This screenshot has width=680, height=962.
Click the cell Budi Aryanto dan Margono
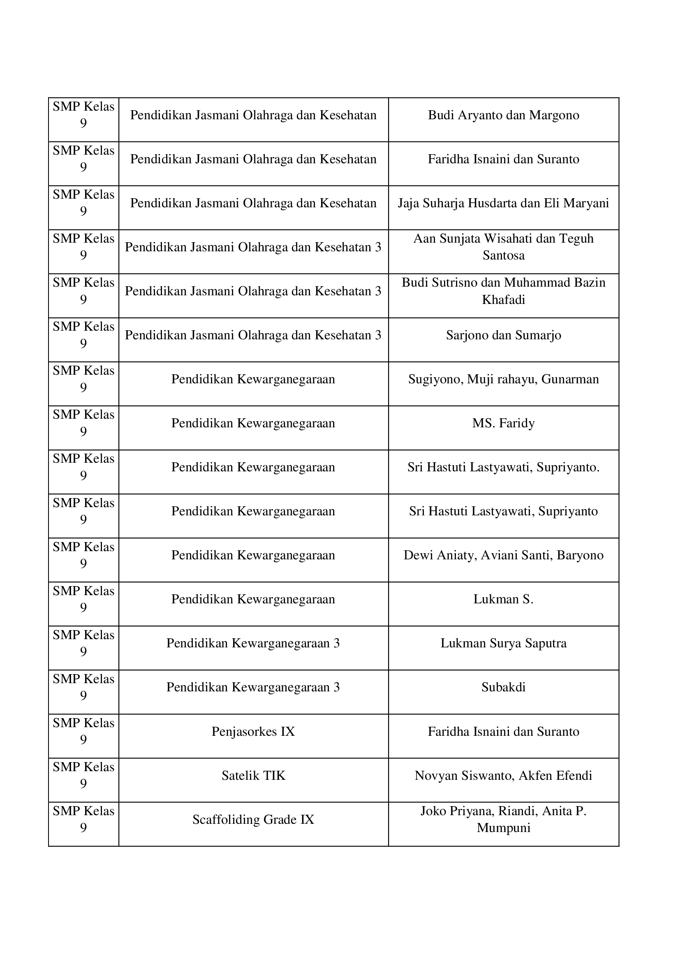pos(503,115)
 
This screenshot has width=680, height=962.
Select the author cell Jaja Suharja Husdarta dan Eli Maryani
pos(503,203)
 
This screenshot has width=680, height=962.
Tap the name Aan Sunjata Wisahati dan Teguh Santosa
pos(503,247)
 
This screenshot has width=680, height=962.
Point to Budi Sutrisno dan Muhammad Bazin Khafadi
pos(503,291)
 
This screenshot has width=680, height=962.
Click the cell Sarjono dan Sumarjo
pos(503,335)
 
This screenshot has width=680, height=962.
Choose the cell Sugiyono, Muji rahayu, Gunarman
pos(503,379)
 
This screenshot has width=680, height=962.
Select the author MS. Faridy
pos(503,423)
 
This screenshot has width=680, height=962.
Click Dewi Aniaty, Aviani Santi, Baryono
pos(503,555)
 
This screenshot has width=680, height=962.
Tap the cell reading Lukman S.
pos(503,599)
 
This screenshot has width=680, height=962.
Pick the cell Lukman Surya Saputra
pos(503,643)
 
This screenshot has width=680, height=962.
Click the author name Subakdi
pos(503,687)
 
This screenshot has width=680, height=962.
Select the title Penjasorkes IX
pos(253,732)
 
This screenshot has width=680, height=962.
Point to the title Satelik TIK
pos(253,776)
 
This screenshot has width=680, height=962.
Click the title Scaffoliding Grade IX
pos(253,820)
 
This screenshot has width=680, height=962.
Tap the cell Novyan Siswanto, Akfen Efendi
pos(503,776)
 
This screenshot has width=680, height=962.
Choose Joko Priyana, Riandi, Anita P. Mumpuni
pos(503,820)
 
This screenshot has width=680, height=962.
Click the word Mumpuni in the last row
pos(503,828)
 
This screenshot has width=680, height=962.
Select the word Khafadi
pos(503,299)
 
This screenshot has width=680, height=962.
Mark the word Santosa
pos(503,255)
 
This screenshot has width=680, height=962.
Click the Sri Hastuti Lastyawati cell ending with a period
pos(503,467)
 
